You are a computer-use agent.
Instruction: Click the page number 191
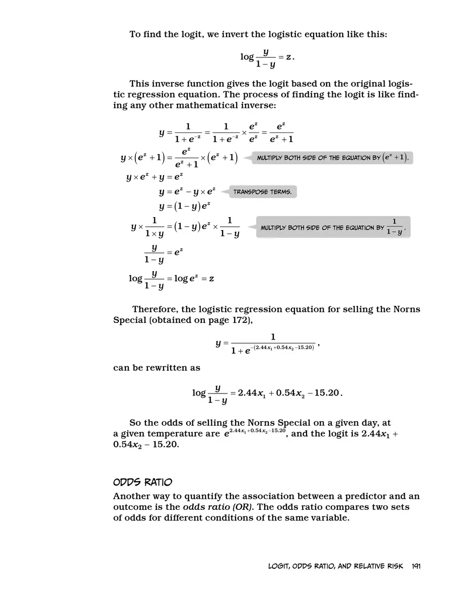416,566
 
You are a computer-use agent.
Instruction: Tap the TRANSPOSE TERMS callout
262,192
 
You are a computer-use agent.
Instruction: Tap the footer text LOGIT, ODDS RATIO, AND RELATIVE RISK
336,566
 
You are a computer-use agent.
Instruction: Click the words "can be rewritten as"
157,368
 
